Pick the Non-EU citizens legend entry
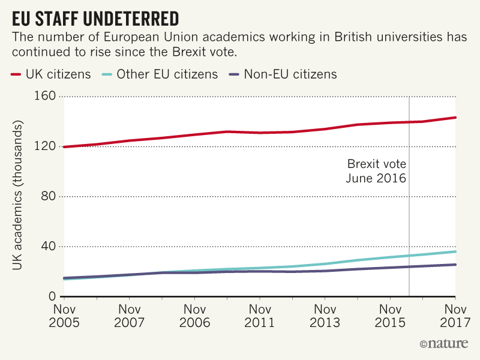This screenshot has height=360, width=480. pos(283,75)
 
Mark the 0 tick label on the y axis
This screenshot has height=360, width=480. pos(52,297)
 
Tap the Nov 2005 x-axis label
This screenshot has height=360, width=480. pos(63,316)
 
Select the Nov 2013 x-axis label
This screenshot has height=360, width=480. pos(325,316)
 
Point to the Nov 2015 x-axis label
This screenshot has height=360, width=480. pos(390,316)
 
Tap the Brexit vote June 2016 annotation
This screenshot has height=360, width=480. pos(376,171)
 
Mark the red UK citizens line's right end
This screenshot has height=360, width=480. pos(455,118)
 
